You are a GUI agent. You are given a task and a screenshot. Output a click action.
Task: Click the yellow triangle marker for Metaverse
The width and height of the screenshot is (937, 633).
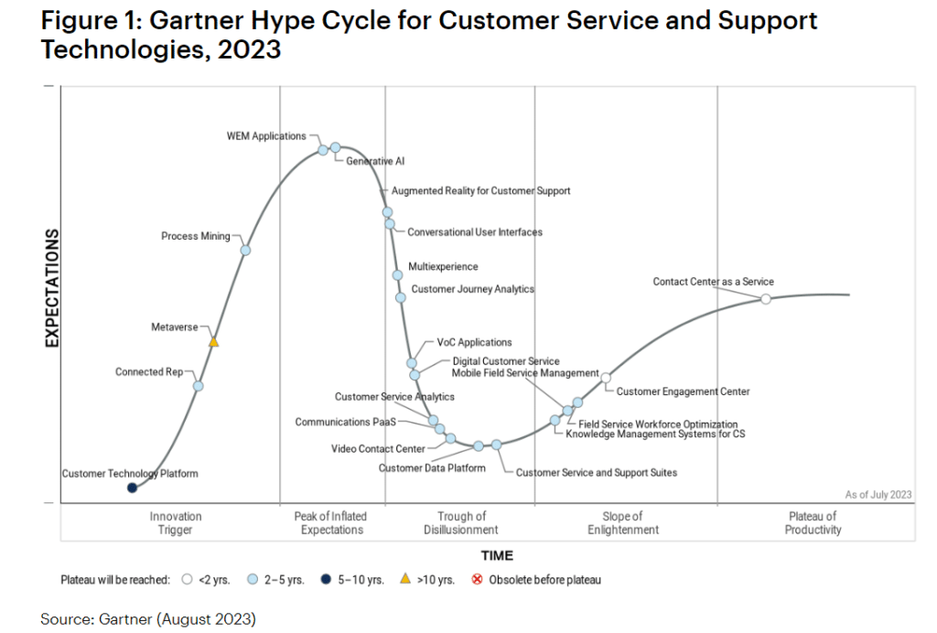[214, 341]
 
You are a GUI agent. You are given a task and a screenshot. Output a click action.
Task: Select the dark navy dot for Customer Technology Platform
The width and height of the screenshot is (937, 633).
[132, 488]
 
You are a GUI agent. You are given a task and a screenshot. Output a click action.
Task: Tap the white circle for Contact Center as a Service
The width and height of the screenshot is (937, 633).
[766, 298]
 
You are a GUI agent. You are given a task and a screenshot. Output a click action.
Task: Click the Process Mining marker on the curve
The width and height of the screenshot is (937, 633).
[245, 250]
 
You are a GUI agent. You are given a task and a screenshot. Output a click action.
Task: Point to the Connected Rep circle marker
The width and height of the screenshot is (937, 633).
[199, 386]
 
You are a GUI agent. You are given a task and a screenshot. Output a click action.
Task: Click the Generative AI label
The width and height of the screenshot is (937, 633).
[375, 162]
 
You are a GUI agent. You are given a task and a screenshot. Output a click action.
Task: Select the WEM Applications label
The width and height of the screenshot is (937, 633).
[266, 136]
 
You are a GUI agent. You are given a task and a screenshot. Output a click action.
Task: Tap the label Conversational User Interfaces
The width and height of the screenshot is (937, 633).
[474, 232]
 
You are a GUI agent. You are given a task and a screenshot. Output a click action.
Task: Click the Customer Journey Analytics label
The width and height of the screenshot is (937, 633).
[472, 289]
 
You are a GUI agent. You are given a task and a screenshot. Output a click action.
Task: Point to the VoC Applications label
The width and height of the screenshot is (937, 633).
[474, 343]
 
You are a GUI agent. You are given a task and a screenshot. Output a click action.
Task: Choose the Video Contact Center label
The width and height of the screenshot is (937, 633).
[378, 449]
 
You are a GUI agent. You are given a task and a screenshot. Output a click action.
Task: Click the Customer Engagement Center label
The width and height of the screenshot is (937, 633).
[683, 392]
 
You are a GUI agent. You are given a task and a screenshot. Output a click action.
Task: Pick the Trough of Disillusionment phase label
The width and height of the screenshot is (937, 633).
[460, 523]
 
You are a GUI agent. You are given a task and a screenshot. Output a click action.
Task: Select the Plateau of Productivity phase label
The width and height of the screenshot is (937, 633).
[813, 523]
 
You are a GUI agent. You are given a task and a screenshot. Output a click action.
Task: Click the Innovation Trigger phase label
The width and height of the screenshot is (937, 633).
[176, 523]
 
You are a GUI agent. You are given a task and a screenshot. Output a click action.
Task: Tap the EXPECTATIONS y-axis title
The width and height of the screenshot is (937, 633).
[51, 289]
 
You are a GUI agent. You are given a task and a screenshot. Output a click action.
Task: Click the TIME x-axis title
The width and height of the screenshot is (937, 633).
[497, 555]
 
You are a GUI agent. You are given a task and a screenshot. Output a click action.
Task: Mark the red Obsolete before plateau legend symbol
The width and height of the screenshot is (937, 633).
[476, 579]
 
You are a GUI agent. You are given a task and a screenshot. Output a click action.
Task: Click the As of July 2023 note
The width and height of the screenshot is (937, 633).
[878, 495]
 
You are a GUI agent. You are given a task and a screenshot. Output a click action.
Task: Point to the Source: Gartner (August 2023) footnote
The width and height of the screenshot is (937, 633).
[148, 619]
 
